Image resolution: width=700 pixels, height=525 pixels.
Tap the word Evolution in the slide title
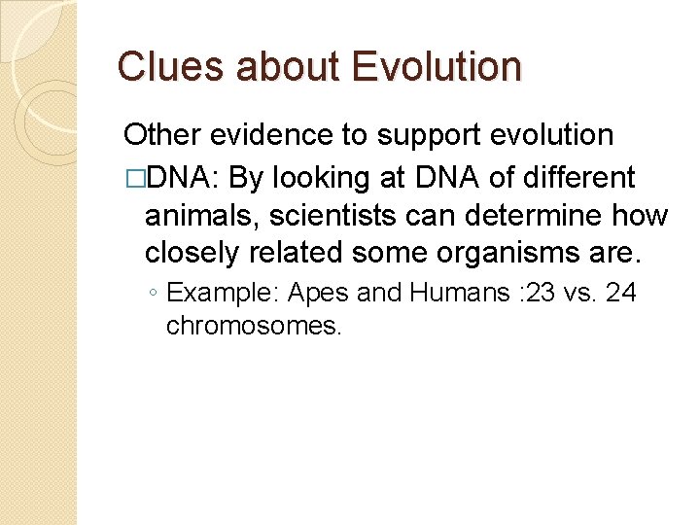point(437,67)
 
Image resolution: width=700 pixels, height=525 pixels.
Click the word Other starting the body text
point(159,136)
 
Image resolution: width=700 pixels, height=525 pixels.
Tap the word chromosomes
point(255,326)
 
